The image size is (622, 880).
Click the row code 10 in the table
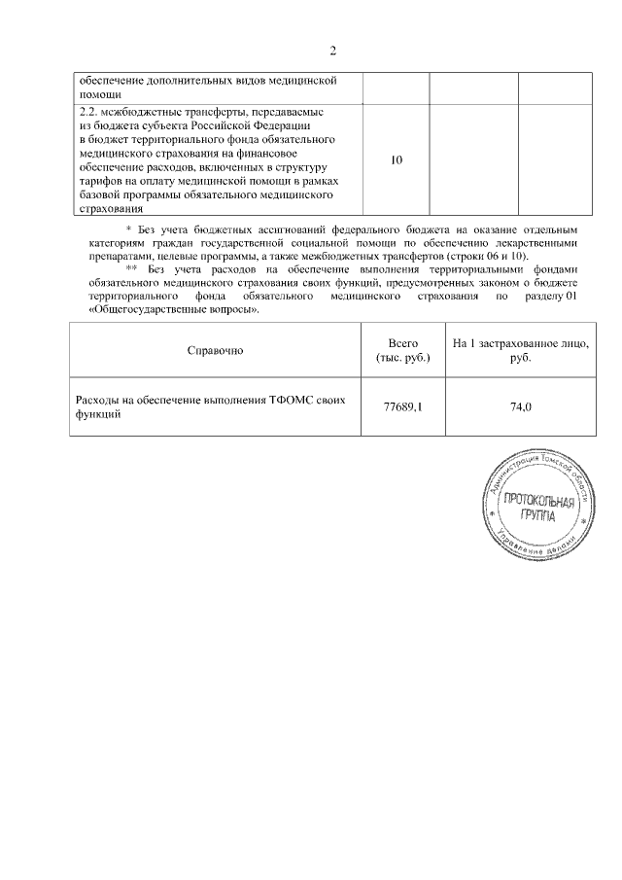[x=396, y=159]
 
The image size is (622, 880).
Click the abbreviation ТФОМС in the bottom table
[x=297, y=400]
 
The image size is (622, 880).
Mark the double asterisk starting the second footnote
[x=132, y=268]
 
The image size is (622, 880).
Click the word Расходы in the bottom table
[x=99, y=400]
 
